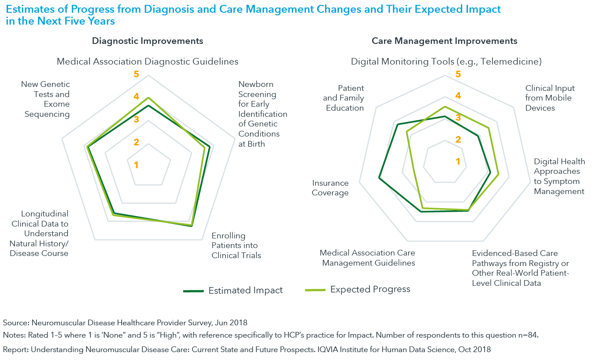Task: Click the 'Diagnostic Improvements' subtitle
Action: click(x=147, y=41)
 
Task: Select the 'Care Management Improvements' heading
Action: click(x=444, y=41)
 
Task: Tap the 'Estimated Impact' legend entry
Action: click(x=245, y=290)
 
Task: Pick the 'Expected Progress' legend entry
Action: click(x=370, y=289)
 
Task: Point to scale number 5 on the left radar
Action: click(x=136, y=74)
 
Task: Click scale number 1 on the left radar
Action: click(x=136, y=165)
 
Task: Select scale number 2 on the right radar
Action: click(x=458, y=140)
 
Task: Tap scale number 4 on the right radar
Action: click(x=458, y=96)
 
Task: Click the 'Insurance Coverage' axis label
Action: click(x=330, y=188)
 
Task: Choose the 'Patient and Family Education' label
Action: click(x=345, y=98)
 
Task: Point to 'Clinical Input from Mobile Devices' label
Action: click(x=550, y=98)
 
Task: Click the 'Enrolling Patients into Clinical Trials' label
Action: click(x=236, y=245)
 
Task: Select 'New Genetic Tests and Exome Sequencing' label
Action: click(x=46, y=99)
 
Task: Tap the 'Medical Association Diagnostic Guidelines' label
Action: click(x=148, y=61)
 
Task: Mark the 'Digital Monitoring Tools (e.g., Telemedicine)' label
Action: click(x=446, y=61)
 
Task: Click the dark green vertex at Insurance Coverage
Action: click(x=379, y=178)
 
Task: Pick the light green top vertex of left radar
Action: click(x=148, y=97)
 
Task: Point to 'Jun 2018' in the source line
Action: click(x=233, y=323)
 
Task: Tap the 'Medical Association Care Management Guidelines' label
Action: click(x=367, y=258)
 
